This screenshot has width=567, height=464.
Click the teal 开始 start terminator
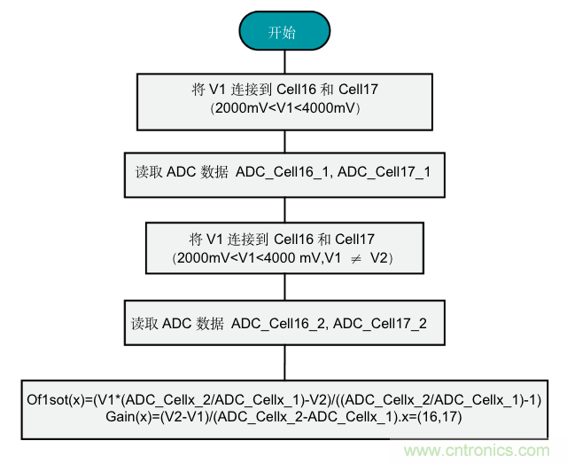click(283, 33)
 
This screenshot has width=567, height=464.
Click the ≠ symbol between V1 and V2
click(353, 258)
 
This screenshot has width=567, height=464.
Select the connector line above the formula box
click(283, 362)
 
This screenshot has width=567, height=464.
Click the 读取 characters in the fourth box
click(141, 323)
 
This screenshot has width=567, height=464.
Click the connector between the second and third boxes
click(283, 209)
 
